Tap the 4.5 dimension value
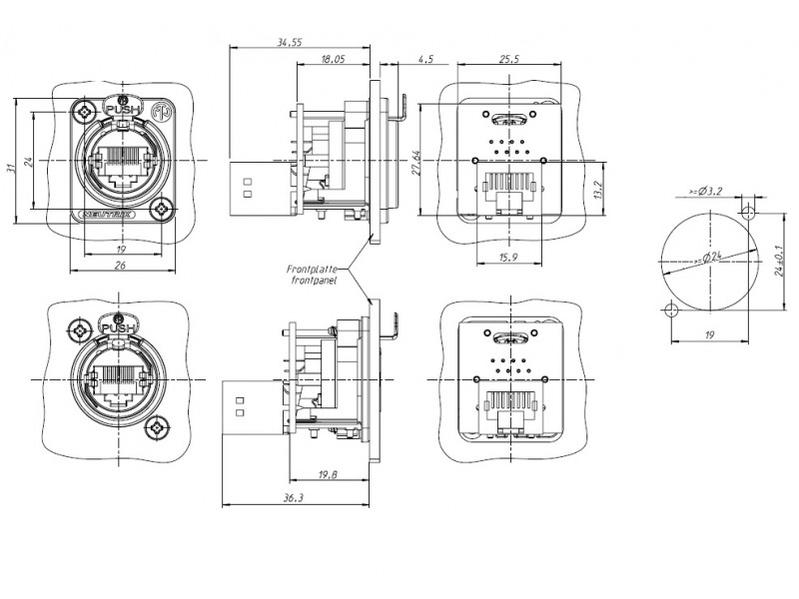(426, 60)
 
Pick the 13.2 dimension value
(596, 189)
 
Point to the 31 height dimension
(11, 168)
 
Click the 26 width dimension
(120, 266)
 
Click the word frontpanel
(314, 282)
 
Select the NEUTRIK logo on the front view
(100, 212)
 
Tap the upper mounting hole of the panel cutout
(749, 212)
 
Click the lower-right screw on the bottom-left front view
(156, 427)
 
